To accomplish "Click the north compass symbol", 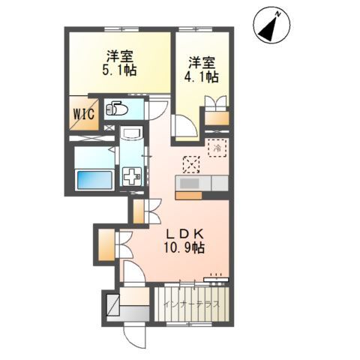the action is click(271, 25).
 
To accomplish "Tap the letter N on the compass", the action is click(277, 14).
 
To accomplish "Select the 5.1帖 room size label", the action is click(119, 70).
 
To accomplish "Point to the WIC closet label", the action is click(84, 114).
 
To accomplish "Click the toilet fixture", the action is click(117, 109).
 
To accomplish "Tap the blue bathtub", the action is click(94, 180).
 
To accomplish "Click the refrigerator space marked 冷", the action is click(217, 148).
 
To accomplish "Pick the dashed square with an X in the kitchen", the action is click(191, 164).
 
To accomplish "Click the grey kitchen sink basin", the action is click(189, 184).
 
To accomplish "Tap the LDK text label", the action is click(184, 234).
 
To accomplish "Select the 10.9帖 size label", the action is click(184, 248).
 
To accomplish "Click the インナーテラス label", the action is click(192, 304).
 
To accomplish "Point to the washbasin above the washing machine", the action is click(131, 133).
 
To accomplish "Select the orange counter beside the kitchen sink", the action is click(188, 196).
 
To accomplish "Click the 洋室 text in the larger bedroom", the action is click(119, 56).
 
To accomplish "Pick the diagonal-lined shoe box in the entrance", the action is click(113, 305).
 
